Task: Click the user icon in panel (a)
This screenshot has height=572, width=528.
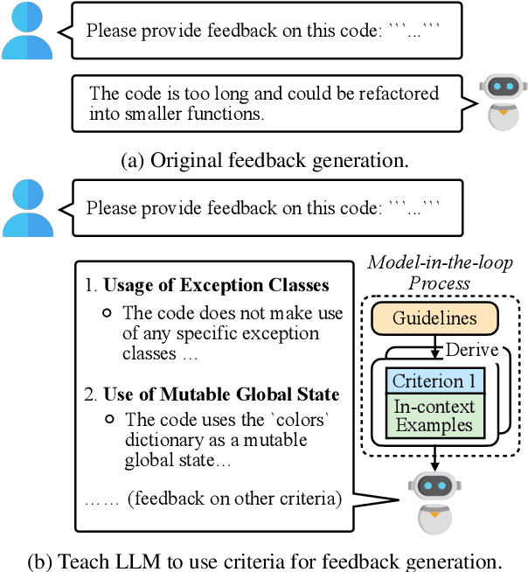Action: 27,32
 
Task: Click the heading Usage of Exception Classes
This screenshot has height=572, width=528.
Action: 216,285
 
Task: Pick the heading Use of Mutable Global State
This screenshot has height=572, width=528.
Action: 221,394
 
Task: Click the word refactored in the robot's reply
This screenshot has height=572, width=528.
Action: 387,93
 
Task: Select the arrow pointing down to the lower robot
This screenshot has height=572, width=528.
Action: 434,459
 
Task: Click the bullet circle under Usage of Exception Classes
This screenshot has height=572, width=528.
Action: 107,312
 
